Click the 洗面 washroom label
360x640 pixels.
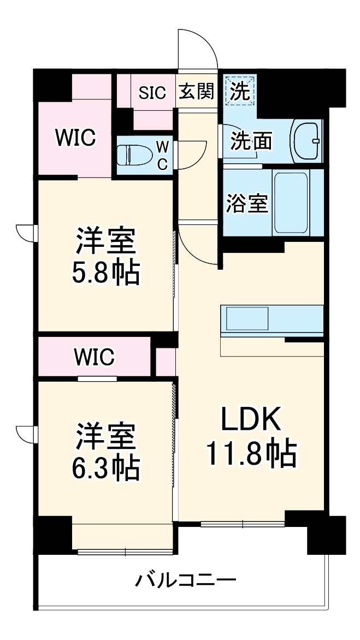tap(251, 141)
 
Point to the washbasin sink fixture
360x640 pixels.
tap(306, 140)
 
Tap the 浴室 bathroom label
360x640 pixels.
tap(247, 203)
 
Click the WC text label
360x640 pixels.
tap(163, 155)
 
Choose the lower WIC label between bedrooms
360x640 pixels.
tap(94, 357)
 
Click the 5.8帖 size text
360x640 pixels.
tap(106, 273)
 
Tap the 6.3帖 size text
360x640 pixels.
tap(106, 467)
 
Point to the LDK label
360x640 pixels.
tap(251, 421)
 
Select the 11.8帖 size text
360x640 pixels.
tap(251, 454)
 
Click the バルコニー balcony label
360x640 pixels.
tap(186, 579)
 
